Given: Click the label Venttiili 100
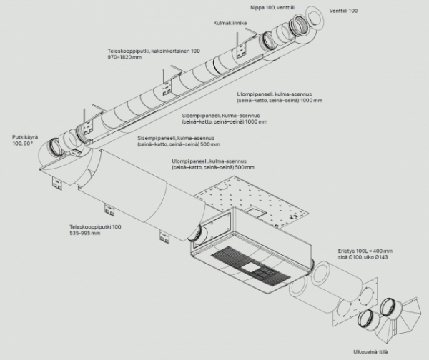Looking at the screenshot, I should click(344, 11).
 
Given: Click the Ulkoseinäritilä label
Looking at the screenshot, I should click(371, 352).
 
